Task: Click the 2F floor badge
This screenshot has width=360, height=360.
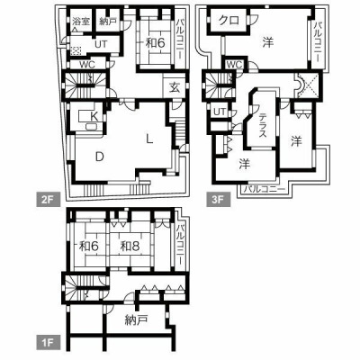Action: pos(49,199)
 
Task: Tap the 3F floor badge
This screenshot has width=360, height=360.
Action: pos(219,199)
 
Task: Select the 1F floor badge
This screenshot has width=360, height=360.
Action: pos(49,343)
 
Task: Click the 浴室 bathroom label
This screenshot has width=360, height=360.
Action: pos(81,21)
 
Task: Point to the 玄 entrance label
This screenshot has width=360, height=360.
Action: pos(175,88)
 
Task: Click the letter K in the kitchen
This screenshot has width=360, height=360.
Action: pos(94,115)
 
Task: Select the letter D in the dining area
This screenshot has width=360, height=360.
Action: pos(100,157)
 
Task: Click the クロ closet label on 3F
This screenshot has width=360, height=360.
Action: pos(229,20)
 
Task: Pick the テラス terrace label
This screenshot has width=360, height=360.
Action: pos(263,125)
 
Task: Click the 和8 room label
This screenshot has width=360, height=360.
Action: pos(130,247)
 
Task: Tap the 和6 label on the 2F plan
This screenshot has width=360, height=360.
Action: pos(156,43)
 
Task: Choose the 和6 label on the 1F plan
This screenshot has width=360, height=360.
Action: pos(89,247)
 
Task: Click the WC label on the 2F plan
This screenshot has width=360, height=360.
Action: pos(87,65)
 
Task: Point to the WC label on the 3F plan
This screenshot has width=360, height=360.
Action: pos(235,65)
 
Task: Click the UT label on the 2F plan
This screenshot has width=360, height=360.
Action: pos(101,44)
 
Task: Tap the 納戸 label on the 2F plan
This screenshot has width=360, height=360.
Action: pos(108,22)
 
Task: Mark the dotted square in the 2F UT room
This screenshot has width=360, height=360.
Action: pos(76,50)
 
